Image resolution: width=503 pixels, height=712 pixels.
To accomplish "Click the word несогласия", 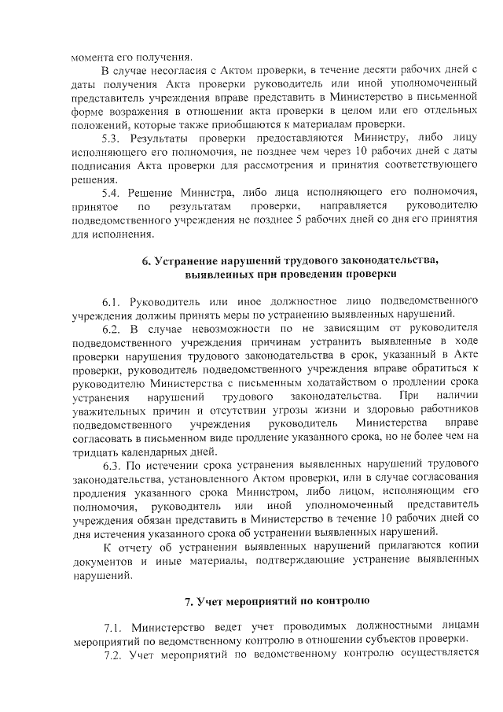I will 167,71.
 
